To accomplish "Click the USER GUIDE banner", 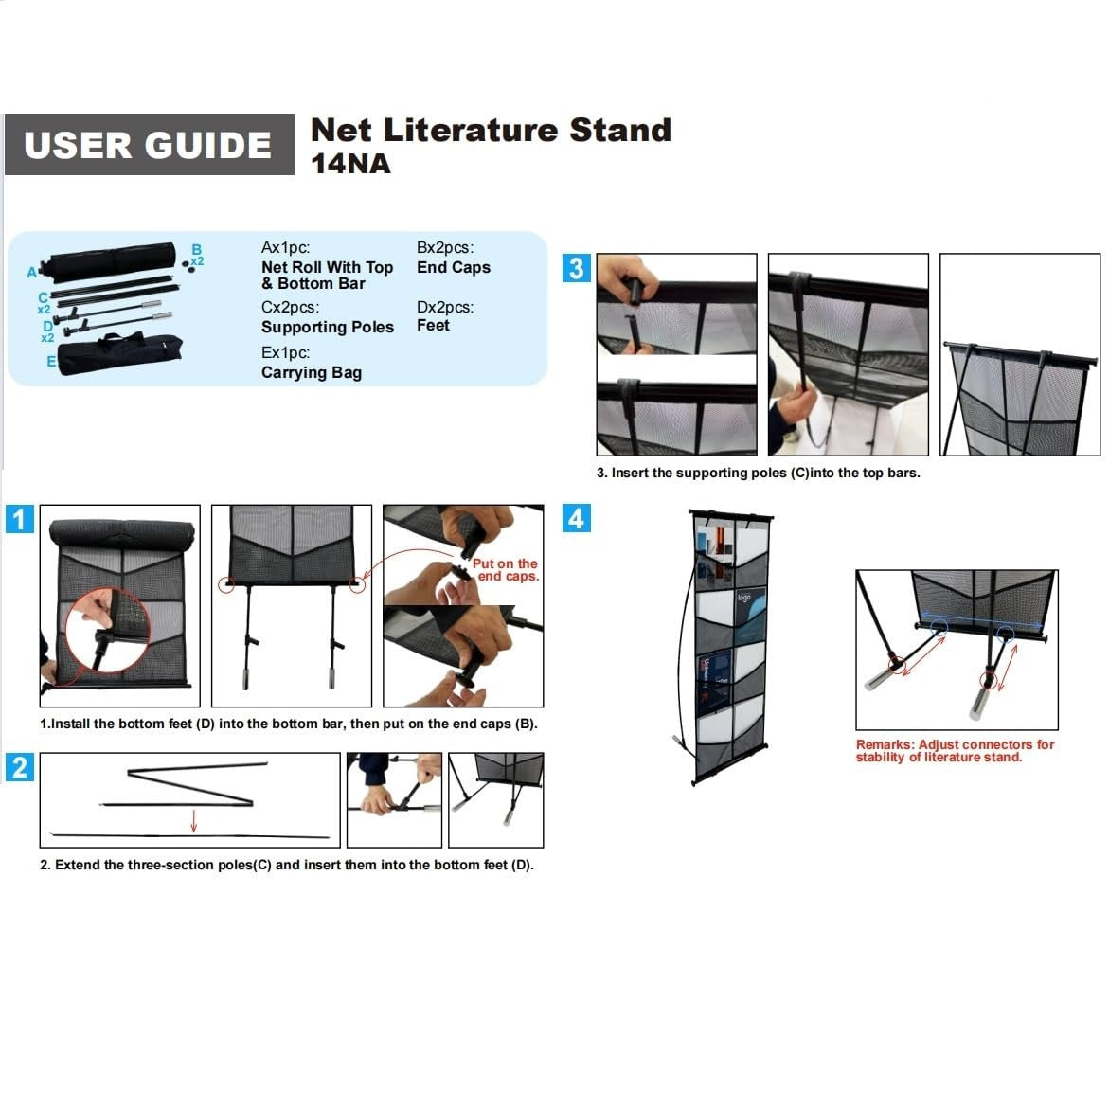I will point(149,145).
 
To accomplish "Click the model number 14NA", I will point(350,164).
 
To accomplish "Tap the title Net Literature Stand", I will point(491,130).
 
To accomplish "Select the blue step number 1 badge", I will point(20,519).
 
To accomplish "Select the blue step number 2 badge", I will point(20,767).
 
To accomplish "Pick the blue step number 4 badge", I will point(576,518).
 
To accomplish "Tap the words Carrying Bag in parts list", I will point(312,372).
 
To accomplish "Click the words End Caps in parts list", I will point(454,267).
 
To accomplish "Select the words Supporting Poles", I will point(327,327).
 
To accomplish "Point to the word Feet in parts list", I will point(433,325).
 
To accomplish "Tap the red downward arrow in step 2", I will point(193,820).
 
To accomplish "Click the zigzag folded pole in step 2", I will point(189,784).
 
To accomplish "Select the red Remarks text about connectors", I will point(955,751).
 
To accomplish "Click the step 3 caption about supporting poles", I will point(758,473).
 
